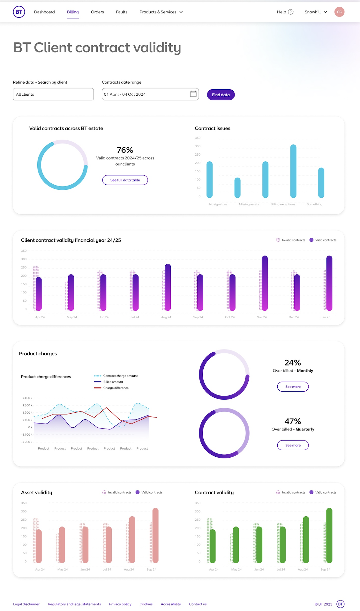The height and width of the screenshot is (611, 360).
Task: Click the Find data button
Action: [x=221, y=95]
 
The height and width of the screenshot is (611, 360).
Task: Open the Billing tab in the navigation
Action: [x=73, y=12]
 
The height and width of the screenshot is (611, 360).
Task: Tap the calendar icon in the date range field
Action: [x=193, y=94]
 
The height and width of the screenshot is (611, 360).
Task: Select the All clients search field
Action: [x=53, y=94]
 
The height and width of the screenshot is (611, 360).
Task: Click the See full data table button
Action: [x=125, y=180]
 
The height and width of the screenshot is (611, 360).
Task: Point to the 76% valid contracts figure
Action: [x=125, y=150]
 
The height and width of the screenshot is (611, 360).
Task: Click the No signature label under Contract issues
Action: [x=218, y=204]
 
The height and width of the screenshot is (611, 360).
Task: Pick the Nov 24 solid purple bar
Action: [x=265, y=283]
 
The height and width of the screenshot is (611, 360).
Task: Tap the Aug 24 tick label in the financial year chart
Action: [x=166, y=317]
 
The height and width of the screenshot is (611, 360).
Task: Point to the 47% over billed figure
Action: [x=293, y=421]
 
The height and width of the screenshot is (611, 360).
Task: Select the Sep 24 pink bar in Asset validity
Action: [x=155, y=535]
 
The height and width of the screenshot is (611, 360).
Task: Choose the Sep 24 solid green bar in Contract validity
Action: [x=329, y=535]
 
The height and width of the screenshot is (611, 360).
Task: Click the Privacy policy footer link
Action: [x=120, y=604]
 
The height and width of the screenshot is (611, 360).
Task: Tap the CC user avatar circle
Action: [x=340, y=12]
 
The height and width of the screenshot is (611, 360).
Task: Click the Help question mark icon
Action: [x=291, y=12]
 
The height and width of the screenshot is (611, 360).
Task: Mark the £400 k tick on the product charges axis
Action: [x=27, y=398]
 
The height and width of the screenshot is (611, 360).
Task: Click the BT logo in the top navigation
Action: [x=19, y=12]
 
